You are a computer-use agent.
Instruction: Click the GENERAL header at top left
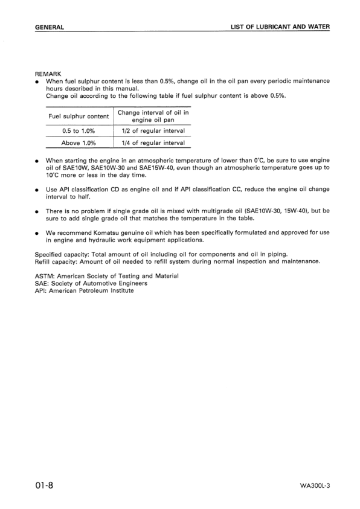tap(50, 27)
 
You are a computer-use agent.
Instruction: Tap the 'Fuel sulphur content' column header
tap(79, 116)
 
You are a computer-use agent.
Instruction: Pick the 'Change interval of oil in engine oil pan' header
tap(153, 116)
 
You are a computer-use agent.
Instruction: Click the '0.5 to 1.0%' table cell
tap(79, 131)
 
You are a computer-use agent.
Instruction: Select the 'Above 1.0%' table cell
tap(79, 143)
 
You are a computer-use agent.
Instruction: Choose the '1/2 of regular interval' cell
tap(153, 131)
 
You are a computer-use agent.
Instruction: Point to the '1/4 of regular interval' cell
tap(153, 143)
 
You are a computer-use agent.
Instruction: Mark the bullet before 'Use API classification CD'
tap(37, 190)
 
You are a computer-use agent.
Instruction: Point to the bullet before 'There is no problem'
tap(37, 211)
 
